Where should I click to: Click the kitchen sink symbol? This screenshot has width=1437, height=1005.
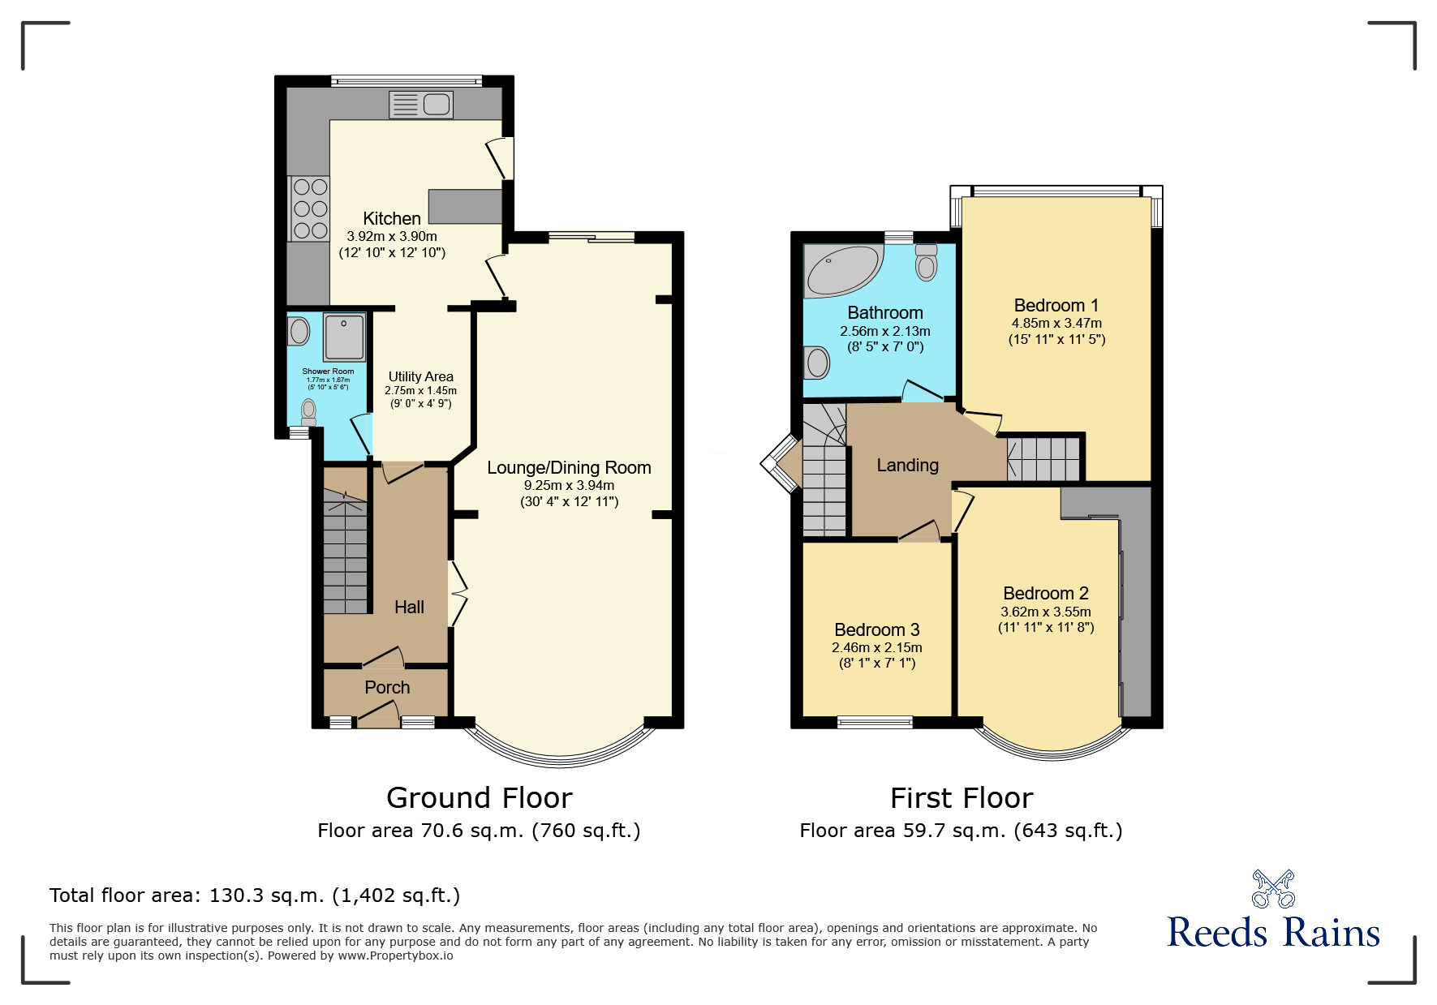[421, 105]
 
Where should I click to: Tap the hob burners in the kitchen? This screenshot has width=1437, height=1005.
[309, 208]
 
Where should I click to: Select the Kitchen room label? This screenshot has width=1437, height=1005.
[392, 218]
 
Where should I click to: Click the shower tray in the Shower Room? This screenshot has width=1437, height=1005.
[345, 336]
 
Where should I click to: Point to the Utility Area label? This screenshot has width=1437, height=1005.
[420, 376]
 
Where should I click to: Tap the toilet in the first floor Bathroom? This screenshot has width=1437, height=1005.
[926, 263]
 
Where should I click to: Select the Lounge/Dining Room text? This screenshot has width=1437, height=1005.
[569, 468]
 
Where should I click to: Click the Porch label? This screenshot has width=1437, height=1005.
[387, 687]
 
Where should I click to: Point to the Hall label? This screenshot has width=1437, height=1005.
[409, 607]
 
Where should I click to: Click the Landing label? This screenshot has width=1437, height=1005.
[907, 465]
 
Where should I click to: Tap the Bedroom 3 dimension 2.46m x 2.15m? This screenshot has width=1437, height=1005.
[876, 647]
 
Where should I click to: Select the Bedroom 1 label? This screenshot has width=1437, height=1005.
[1056, 305]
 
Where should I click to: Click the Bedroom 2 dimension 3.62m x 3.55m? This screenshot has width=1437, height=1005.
[1045, 612]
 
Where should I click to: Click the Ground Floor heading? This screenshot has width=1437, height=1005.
[479, 797]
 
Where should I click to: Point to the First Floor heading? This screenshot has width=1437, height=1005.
[961, 797]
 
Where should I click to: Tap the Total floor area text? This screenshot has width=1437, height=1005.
[254, 895]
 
